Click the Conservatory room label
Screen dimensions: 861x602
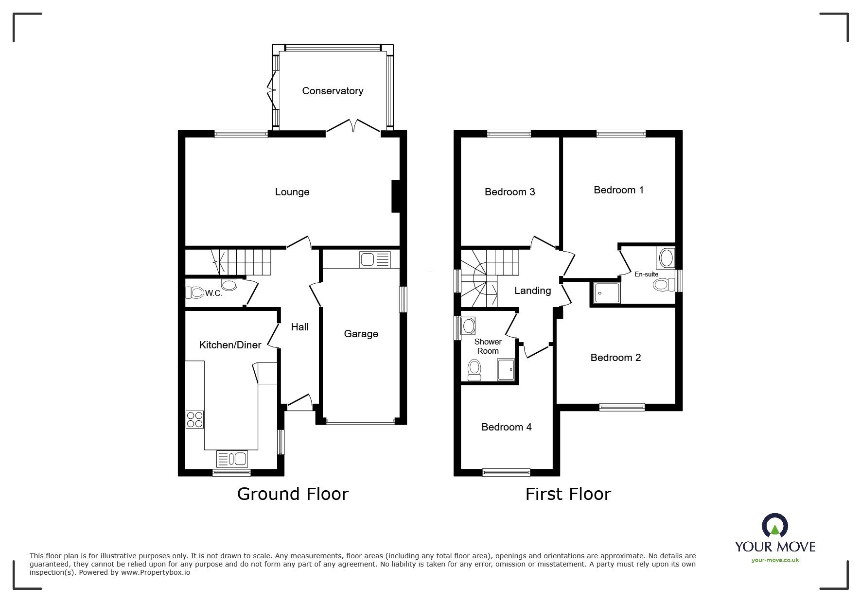[x=333, y=91]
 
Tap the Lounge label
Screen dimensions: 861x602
[x=292, y=192]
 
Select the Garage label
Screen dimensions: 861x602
[x=361, y=334]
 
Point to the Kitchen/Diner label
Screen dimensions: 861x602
[x=230, y=345]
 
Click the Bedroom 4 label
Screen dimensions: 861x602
[x=507, y=427]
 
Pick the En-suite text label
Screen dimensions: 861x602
[x=647, y=275]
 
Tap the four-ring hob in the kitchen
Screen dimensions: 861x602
[x=194, y=419]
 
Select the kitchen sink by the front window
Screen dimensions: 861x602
[x=232, y=458]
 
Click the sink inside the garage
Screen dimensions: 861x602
[x=375, y=259]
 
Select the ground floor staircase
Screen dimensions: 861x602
[x=242, y=261]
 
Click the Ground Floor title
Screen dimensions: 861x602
[x=293, y=494]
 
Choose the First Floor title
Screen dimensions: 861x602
[x=568, y=494]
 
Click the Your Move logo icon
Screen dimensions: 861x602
[x=775, y=525]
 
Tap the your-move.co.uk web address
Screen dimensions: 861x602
[x=775, y=560]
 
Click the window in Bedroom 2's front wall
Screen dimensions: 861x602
[x=622, y=407]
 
